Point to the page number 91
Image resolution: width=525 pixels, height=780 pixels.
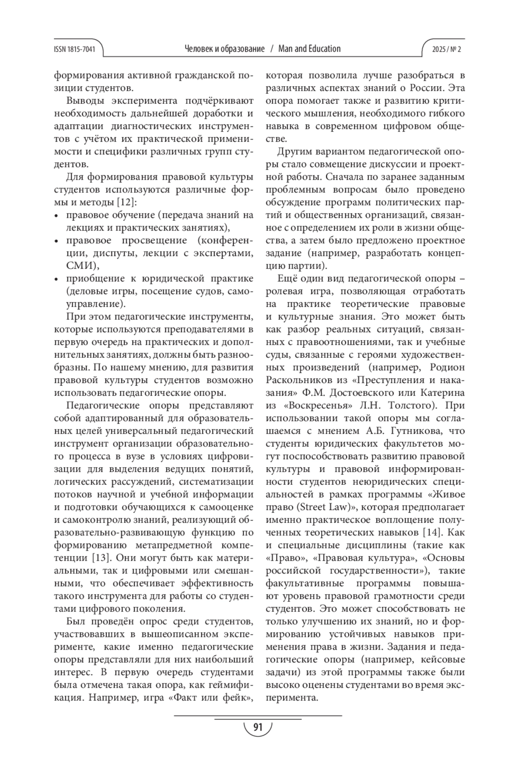[257, 727]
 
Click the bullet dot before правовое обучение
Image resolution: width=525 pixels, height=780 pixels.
[56, 216]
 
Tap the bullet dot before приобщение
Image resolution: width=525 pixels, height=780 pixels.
[56, 279]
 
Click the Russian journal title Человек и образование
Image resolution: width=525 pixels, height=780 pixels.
[225, 49]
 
